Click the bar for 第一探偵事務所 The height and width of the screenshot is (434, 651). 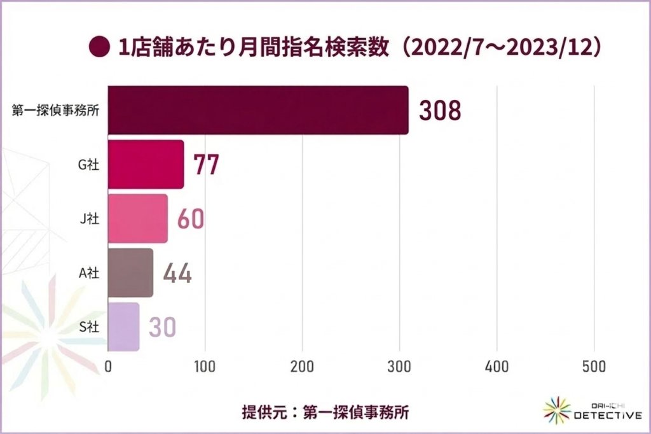pyautogui.click(x=258, y=110)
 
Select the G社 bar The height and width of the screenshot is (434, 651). pyautogui.click(x=146, y=164)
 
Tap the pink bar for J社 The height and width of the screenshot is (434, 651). pyautogui.click(x=137, y=218)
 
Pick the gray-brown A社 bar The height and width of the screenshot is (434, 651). pyautogui.click(x=130, y=272)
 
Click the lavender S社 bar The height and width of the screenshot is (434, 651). pyautogui.click(x=123, y=326)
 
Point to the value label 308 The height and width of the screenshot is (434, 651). pyautogui.click(x=439, y=111)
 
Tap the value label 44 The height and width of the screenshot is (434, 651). pyautogui.click(x=177, y=273)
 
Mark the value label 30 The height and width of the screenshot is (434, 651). pyautogui.click(x=163, y=327)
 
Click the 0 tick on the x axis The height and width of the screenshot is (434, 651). pyautogui.click(x=108, y=367)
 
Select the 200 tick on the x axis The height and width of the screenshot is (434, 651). pyautogui.click(x=303, y=367)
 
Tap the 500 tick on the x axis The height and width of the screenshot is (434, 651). pyautogui.click(x=594, y=367)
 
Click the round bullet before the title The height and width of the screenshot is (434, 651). pyautogui.click(x=99, y=48)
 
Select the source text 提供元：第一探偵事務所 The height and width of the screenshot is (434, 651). pyautogui.click(x=325, y=410)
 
